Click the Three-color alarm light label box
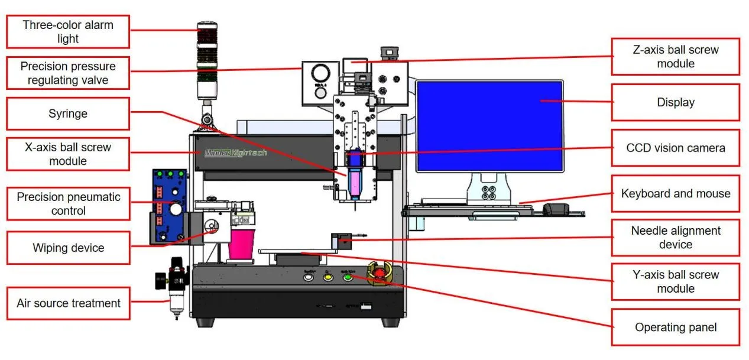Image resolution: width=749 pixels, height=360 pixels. (68, 32)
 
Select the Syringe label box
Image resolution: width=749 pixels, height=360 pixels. (68, 113)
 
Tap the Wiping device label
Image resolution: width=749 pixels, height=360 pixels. (68, 248)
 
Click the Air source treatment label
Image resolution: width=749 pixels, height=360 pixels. (68, 303)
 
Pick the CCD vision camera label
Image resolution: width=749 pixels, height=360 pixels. (675, 148)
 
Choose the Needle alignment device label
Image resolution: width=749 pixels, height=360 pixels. (675, 238)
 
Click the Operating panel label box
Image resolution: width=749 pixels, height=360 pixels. (675, 327)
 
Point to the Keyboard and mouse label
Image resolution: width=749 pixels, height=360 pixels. (675, 193)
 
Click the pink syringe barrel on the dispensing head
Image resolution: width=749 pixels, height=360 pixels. (355, 183)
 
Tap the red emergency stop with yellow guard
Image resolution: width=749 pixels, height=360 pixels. (378, 274)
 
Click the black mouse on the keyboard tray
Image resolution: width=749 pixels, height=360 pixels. (556, 208)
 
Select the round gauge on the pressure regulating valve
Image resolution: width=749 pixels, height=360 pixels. (320, 74)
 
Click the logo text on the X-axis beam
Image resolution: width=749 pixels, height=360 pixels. (235, 153)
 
